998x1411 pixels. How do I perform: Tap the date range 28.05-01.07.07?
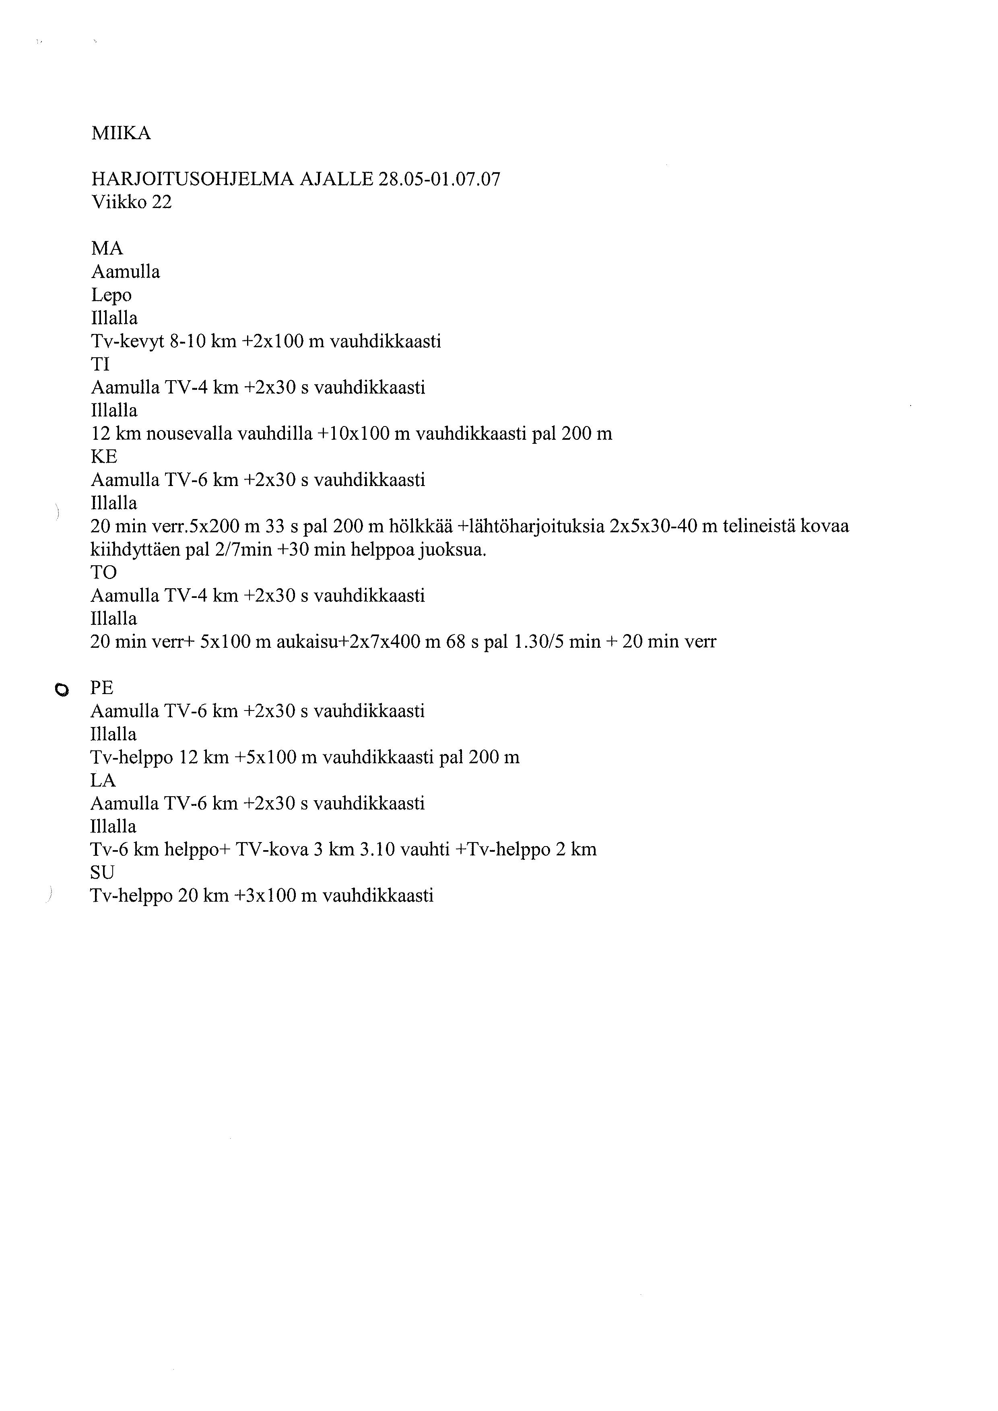click(439, 179)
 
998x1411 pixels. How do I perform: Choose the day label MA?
click(107, 249)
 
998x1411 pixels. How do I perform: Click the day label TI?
click(100, 365)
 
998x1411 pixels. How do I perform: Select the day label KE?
click(104, 457)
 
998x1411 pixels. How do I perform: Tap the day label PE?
click(102, 688)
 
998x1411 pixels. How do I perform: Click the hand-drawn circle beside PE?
click(60, 690)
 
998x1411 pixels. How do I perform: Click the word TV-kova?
click(272, 850)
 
